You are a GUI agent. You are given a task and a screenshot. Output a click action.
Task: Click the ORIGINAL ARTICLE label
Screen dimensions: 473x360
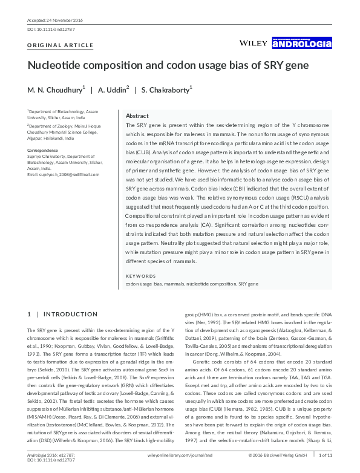coord(61,45)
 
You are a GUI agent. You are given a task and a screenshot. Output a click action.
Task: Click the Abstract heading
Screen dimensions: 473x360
coord(137,116)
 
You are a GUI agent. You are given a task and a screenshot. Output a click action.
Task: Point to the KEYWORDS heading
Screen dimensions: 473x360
coord(140,276)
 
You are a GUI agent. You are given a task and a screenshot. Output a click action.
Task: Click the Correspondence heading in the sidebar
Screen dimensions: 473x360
coord(42,150)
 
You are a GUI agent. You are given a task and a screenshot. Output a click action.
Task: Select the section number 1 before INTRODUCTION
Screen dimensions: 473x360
coord(29,315)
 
